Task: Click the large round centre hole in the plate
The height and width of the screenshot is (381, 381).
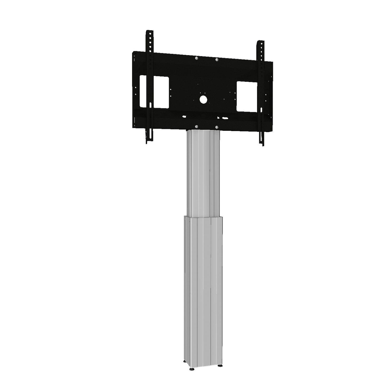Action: pyautogui.click(x=203, y=99)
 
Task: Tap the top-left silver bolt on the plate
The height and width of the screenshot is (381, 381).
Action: pyautogui.click(x=197, y=58)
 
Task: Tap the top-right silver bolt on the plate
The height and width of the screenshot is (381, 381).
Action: pyautogui.click(x=217, y=60)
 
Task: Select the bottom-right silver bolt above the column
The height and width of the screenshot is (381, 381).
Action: pyautogui.click(x=217, y=127)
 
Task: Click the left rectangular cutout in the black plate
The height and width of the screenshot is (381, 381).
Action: pyautogui.click(x=154, y=92)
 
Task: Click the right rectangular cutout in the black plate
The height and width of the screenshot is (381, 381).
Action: pyautogui.click(x=247, y=96)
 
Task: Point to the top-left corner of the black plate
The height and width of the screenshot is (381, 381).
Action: pyautogui.click(x=133, y=52)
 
